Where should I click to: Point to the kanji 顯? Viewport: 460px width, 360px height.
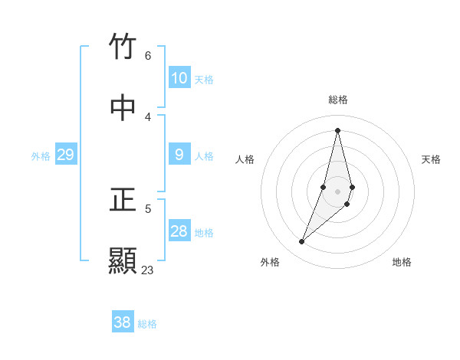(123, 261)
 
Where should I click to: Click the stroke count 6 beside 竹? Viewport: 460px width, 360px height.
(148, 55)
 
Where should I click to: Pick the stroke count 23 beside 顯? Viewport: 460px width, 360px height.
(147, 270)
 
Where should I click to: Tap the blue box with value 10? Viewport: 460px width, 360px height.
(179, 78)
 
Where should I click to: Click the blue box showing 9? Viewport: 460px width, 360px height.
(179, 155)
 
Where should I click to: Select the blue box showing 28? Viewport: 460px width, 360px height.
(179, 231)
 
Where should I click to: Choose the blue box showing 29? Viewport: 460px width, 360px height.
(66, 155)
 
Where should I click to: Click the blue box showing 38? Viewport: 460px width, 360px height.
(123, 322)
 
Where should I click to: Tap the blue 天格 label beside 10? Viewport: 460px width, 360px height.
(204, 79)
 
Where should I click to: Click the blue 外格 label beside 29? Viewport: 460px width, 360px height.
(41, 155)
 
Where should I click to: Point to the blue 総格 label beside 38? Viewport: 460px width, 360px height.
(147, 323)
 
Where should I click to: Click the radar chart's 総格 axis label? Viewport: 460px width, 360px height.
(338, 100)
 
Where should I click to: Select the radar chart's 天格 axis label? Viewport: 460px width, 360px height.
(432, 159)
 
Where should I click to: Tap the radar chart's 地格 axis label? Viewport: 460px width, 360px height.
(402, 262)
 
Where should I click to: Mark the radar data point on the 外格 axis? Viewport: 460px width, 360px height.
(302, 242)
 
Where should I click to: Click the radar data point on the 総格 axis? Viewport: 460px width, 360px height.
(337, 130)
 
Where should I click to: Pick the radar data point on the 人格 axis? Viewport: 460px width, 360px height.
(324, 187)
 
